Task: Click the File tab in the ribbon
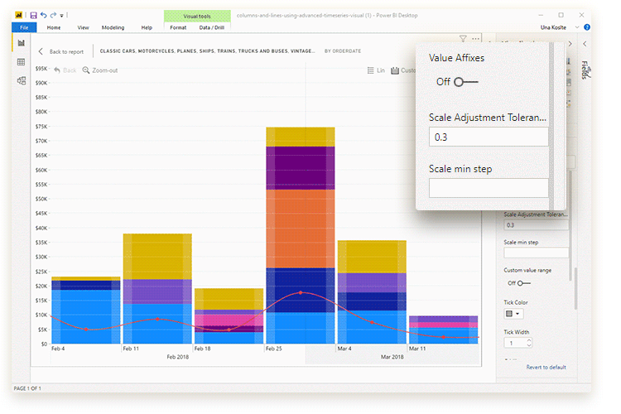[22, 27]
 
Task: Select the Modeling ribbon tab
[113, 27]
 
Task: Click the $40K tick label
[40, 228]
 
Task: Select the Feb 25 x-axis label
[273, 349]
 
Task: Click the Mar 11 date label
[417, 349]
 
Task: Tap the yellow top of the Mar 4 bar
[372, 256]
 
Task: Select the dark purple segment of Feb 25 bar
[300, 168]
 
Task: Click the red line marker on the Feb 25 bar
[301, 293]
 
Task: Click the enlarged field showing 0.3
[488, 137]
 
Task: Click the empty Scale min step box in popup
[488, 188]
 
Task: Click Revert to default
[546, 367]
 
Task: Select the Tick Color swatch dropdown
[513, 314]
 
